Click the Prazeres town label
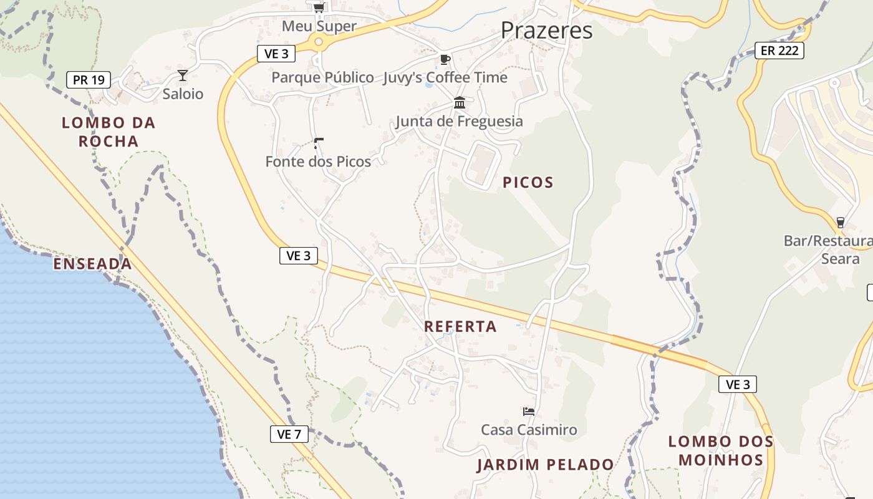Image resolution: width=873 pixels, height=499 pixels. coord(546,30)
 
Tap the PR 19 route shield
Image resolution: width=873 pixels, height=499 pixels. coord(89,80)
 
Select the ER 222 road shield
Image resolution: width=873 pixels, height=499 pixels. coord(779,51)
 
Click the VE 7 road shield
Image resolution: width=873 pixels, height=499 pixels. coord(289,434)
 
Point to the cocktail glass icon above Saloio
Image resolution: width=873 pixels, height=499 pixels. coord(183,75)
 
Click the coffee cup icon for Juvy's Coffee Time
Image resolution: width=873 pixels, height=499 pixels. coord(445,59)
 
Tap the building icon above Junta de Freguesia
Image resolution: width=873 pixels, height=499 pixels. coord(460,103)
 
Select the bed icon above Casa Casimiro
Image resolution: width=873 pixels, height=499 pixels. coord(529,412)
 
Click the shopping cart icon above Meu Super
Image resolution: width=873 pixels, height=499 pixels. coord(319,7)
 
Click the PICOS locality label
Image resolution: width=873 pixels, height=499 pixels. coord(528,183)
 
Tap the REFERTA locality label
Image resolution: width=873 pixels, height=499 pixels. coord(460,326)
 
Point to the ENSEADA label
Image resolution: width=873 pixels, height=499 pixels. coord(92,264)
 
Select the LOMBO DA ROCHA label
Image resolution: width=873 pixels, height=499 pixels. coord(109,132)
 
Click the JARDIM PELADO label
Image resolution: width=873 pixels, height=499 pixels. coord(546,465)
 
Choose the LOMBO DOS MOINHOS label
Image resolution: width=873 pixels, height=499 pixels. coord(721,451)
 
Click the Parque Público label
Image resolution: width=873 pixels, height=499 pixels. coord(322,77)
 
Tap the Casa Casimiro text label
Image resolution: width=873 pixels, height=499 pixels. coord(529,430)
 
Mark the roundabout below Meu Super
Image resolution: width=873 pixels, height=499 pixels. coord(319,42)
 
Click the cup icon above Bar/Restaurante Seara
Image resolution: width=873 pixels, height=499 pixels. coord(840,222)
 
